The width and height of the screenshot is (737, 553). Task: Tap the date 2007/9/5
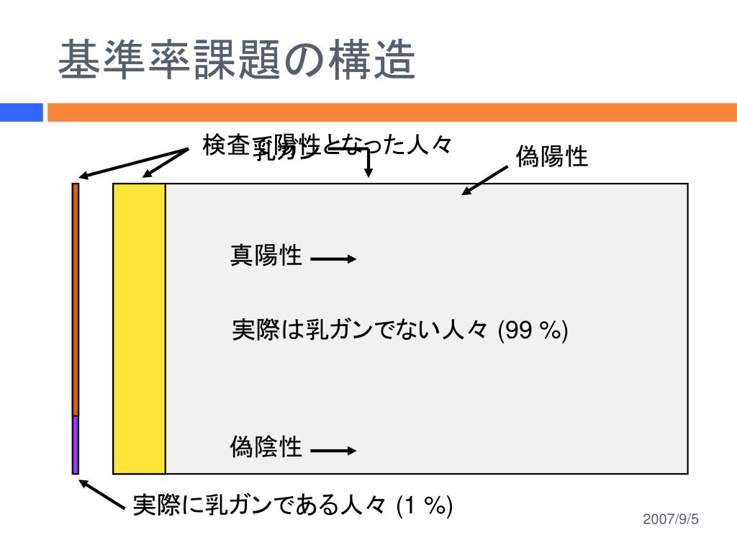[x=671, y=520]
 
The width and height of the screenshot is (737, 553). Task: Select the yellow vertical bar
[x=140, y=328]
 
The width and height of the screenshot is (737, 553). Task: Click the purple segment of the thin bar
[x=76, y=444]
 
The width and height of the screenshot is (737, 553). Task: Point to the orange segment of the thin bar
[x=76, y=299]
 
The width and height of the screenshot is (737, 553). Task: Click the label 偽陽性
[x=552, y=156]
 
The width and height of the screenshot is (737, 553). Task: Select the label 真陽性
[x=266, y=255]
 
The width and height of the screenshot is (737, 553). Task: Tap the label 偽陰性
[x=266, y=447]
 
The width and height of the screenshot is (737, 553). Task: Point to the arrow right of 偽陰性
[x=333, y=451]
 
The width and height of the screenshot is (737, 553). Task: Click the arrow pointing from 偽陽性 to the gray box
[x=485, y=180]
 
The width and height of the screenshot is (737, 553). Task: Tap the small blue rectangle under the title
[x=21, y=112]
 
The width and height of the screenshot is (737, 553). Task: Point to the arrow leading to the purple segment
[x=102, y=495]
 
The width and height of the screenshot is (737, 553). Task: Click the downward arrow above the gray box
[x=368, y=162]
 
